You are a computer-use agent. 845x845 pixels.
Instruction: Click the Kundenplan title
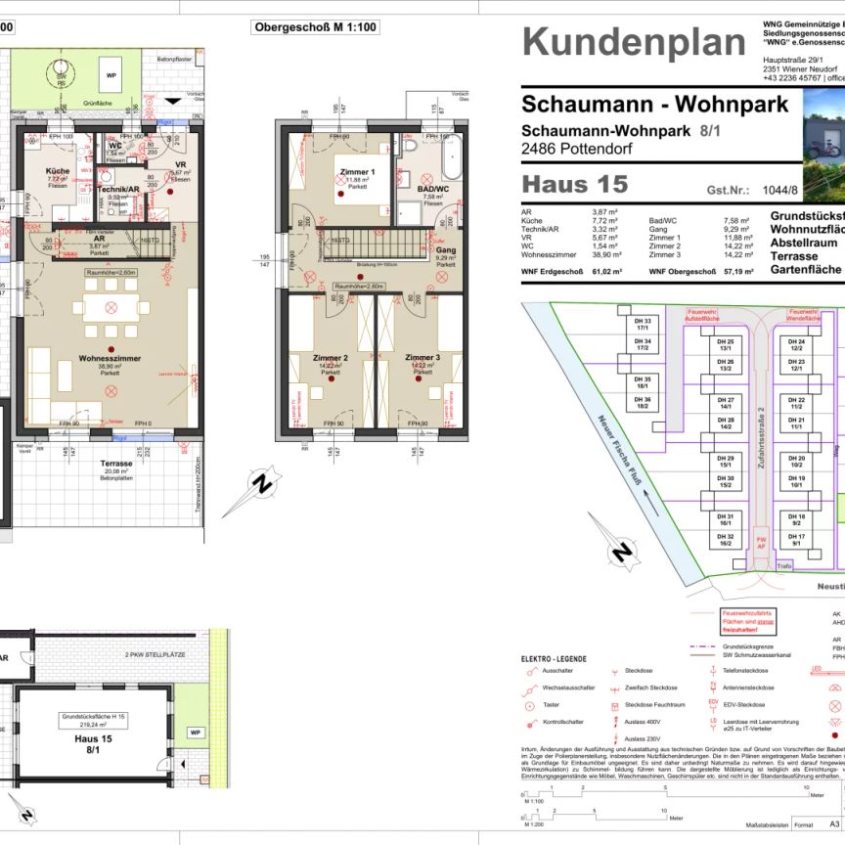634,42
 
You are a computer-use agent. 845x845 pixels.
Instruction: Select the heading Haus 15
574,184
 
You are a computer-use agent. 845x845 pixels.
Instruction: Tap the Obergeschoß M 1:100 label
316,27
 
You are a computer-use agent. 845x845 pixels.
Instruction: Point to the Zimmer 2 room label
331,358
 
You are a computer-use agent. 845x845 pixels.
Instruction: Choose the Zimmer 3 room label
423,358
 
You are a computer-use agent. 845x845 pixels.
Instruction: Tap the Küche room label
58,171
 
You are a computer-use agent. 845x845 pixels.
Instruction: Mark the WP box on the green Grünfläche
111,74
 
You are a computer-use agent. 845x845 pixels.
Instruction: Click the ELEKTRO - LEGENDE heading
554,659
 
